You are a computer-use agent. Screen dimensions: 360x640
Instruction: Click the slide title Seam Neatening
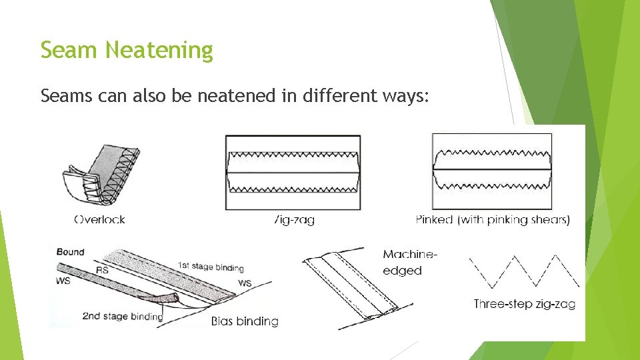coord(127,50)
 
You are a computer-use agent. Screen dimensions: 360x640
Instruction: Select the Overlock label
coord(99,219)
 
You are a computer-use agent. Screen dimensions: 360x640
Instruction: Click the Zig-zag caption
coord(293,220)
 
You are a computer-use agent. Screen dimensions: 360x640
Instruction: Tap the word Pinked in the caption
coord(434,219)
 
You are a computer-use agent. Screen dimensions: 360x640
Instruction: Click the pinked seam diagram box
coord(492,172)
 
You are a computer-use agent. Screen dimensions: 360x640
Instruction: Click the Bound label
coord(71,252)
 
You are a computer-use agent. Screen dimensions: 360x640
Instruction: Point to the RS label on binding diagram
coord(102,270)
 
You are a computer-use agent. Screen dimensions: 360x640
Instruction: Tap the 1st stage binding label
coord(211,267)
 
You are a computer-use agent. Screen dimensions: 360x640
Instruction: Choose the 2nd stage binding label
coord(123,316)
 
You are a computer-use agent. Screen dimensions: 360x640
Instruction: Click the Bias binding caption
coord(244,321)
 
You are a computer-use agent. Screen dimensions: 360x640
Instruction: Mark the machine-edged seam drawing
coord(353,287)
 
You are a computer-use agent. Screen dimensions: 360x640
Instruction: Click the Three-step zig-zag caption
coord(524,304)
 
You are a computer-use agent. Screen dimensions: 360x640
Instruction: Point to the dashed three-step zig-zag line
coord(524,270)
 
